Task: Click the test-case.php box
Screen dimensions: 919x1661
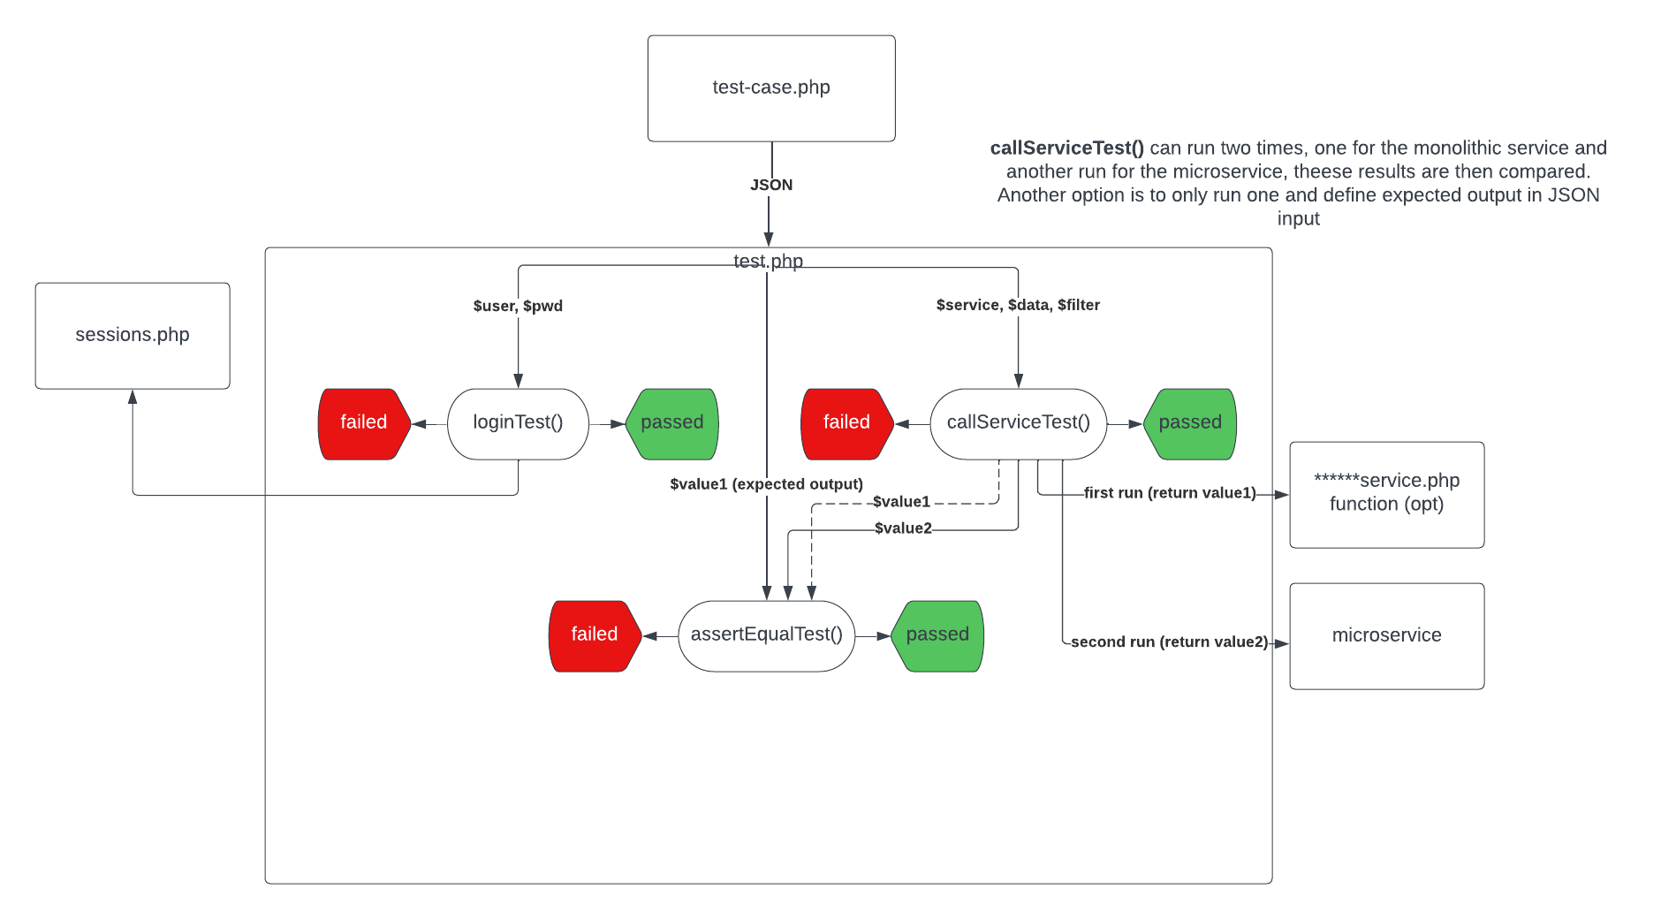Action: click(x=771, y=88)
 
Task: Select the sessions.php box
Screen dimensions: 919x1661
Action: click(x=133, y=336)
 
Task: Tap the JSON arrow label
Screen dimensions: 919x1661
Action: click(x=771, y=185)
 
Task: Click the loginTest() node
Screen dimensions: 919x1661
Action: click(x=518, y=423)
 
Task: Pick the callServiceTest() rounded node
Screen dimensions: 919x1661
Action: click(x=1018, y=423)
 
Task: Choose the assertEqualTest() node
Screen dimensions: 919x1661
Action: click(x=766, y=635)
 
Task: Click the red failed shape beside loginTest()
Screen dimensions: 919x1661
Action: click(x=363, y=423)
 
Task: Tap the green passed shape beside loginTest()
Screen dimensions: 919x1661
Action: click(x=672, y=423)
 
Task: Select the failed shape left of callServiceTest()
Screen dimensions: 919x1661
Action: click(x=846, y=423)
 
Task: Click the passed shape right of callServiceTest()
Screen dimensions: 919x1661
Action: click(x=1190, y=423)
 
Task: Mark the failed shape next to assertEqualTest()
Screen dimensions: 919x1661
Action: click(x=594, y=635)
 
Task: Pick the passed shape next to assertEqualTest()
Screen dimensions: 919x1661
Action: click(x=937, y=635)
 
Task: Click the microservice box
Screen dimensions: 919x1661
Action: click(x=1386, y=635)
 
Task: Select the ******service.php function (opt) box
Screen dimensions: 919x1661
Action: click(x=1386, y=494)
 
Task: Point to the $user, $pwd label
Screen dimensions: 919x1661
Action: click(x=518, y=306)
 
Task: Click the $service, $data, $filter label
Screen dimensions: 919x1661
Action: click(x=1018, y=305)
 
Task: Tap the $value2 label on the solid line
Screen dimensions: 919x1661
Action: click(x=903, y=528)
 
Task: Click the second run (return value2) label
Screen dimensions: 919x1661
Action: click(x=1169, y=642)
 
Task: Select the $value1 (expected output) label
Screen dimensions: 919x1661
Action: click(x=766, y=484)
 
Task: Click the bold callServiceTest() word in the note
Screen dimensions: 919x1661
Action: click(x=1066, y=148)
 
